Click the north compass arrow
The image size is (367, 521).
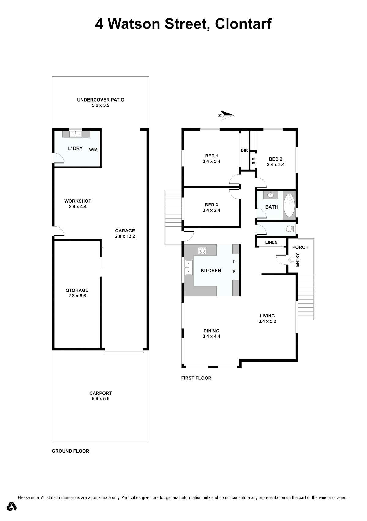pyautogui.click(x=226, y=115)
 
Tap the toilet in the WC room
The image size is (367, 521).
pyautogui.click(x=291, y=229)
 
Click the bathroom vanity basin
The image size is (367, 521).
pyautogui.click(x=270, y=195)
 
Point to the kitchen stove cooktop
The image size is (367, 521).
pyautogui.click(x=202, y=251)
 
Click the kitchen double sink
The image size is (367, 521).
pyautogui.click(x=188, y=267)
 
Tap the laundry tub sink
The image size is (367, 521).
pyautogui.click(x=76, y=134)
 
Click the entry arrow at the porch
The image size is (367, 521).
pyautogui.click(x=291, y=260)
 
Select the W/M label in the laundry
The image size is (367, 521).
pyautogui.click(x=93, y=150)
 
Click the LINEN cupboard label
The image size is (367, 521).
pyautogui.click(x=271, y=242)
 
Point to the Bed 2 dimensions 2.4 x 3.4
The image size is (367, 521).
pyautogui.click(x=276, y=165)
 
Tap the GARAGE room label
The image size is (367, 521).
pyautogui.click(x=125, y=231)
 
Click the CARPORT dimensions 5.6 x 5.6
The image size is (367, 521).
pyautogui.click(x=101, y=399)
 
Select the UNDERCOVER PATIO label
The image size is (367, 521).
pyautogui.click(x=101, y=100)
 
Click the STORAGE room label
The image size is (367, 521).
pyautogui.click(x=77, y=290)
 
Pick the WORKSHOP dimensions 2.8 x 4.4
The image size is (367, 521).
pyautogui.click(x=77, y=207)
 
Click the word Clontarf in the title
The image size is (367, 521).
pyautogui.click(x=243, y=24)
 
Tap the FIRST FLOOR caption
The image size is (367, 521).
pyautogui.click(x=196, y=378)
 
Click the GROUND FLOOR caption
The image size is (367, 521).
pyautogui.click(x=70, y=451)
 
